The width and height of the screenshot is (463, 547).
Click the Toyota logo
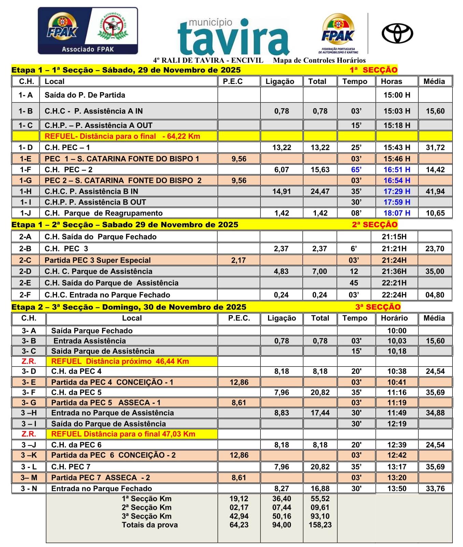point(397,33)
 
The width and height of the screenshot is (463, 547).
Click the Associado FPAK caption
point(88,49)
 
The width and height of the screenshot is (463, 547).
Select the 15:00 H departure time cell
point(397,95)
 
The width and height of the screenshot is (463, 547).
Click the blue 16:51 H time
point(397,170)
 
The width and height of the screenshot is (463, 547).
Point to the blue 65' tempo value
point(356,170)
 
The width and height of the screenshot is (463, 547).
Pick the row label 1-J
point(26,213)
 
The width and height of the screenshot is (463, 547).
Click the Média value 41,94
point(435,191)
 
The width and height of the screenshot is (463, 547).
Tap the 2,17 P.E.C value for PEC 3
point(238,260)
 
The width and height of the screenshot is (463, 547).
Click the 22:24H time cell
point(394,295)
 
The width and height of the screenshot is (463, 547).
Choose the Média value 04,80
point(435,295)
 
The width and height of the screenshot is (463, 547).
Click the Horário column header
point(394,318)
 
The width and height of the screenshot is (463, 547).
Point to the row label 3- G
point(29,403)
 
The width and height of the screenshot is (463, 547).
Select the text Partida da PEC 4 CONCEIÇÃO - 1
point(112,382)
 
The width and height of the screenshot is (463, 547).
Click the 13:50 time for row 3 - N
point(397,489)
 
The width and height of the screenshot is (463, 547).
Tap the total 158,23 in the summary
point(320,525)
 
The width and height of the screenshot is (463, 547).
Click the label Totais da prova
point(150,525)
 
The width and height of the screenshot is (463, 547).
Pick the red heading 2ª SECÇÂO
point(375,225)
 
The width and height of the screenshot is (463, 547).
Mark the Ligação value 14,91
point(281,191)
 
